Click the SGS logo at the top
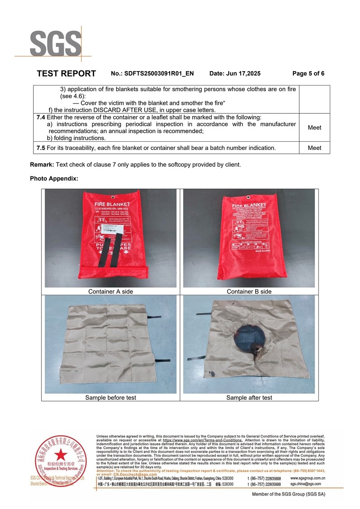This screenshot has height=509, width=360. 55,44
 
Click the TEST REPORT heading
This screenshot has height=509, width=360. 66,73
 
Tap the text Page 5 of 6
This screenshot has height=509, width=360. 308,73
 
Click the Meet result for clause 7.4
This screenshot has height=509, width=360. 314,127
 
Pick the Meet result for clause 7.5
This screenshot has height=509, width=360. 314,148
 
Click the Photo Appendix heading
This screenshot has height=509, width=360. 54,179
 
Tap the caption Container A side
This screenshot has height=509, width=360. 111,292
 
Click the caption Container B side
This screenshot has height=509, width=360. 249,292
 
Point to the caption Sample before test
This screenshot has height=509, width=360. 111,398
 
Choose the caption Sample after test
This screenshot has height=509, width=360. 249,398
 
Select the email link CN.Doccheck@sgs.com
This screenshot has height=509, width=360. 135,474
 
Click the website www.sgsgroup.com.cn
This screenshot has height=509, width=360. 308,478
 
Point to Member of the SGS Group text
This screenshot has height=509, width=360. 288,494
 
